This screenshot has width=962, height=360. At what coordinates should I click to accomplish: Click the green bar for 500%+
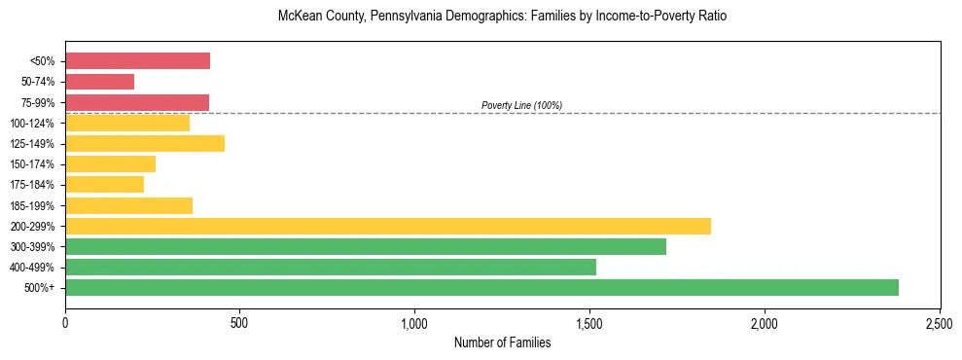coord(481,287)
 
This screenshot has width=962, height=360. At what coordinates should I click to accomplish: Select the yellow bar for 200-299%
coord(388,226)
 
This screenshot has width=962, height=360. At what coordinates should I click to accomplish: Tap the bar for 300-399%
coord(366,246)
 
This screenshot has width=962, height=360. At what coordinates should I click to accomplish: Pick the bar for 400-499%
coord(331,267)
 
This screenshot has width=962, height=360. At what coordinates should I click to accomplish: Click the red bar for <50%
coord(137,61)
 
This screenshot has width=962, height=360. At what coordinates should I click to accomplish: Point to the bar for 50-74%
coord(99,82)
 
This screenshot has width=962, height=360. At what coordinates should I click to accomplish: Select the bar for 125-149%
coord(145,143)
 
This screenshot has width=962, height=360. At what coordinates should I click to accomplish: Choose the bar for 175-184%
coord(104,184)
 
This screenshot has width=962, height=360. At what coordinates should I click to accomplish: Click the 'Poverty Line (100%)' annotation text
coord(521,105)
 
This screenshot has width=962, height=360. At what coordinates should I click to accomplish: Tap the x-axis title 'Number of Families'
coord(502,342)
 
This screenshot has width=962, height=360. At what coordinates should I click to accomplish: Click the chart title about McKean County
coord(502,17)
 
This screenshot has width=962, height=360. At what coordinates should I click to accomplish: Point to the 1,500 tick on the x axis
coord(589,321)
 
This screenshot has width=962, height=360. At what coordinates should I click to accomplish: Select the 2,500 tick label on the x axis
coord(940,321)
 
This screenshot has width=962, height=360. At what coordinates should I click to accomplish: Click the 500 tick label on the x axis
coord(240,321)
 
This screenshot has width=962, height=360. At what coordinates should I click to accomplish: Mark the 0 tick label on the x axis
coord(65,321)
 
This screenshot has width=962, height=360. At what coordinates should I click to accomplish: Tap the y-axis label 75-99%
coord(38,103)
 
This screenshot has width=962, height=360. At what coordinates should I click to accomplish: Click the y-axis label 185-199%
coord(35,205)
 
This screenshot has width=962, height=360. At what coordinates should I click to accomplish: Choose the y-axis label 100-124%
coord(35,124)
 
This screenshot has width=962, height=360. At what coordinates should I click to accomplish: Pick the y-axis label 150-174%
coord(35,164)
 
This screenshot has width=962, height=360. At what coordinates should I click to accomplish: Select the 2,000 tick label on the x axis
coord(765,321)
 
